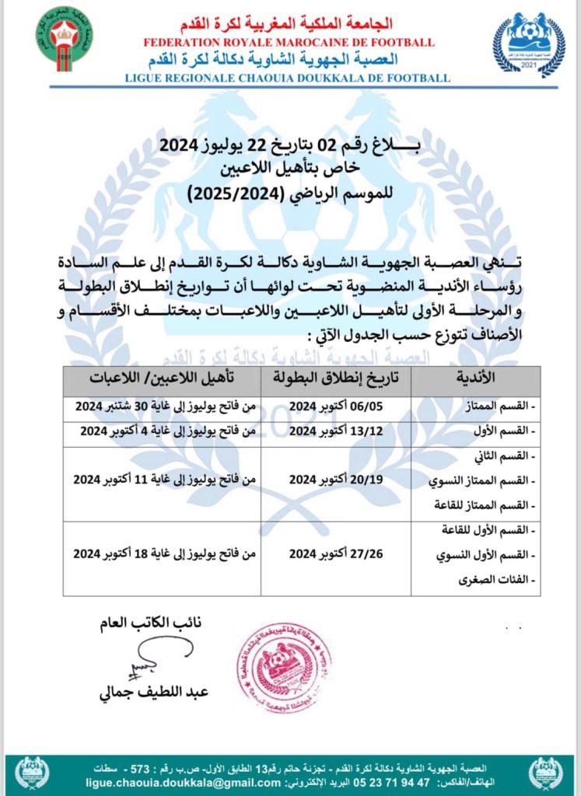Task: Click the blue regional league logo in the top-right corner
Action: click(x=529, y=44)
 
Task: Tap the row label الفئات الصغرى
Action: click(x=501, y=580)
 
